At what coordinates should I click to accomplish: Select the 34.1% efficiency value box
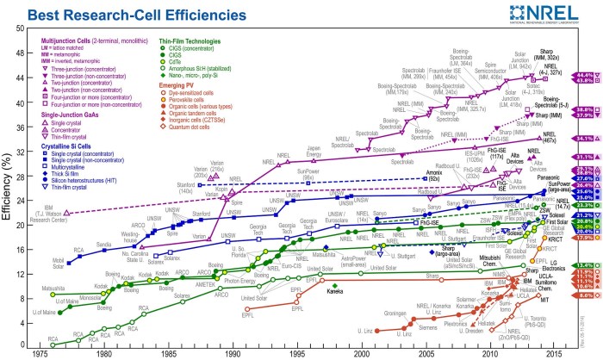580,138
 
